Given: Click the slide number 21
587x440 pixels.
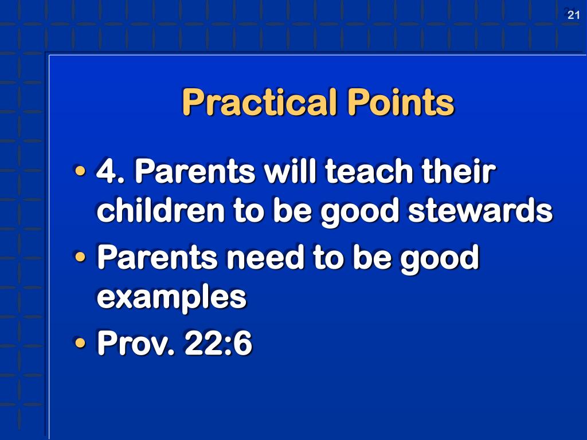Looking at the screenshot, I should (x=574, y=15).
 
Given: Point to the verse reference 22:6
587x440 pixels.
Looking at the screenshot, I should (x=218, y=343).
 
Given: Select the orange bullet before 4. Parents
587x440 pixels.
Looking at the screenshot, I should (x=81, y=172).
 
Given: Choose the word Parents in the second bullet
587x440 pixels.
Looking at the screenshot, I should (x=157, y=257).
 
